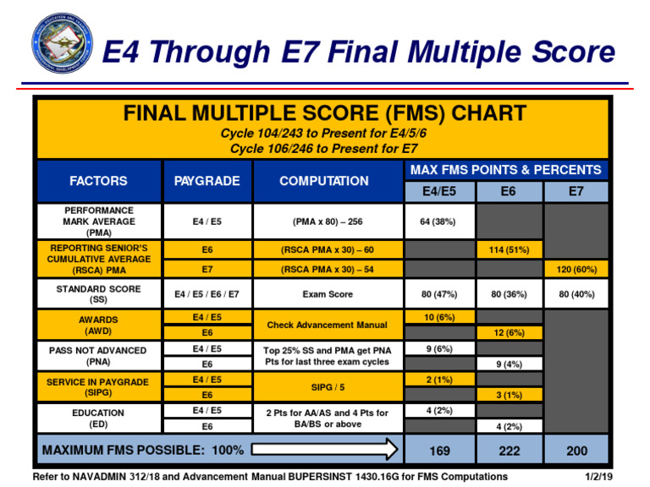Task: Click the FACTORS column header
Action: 98,181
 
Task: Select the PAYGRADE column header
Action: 207,181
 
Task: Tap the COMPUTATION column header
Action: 324,181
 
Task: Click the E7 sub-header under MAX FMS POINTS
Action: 576,192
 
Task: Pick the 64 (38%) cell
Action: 438,222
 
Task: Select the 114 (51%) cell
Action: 509,250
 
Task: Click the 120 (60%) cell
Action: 576,270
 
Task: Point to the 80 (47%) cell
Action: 438,294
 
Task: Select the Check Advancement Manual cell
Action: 326,325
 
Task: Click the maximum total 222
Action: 509,451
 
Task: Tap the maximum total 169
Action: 438,451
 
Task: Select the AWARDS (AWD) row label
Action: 98,326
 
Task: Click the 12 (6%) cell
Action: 509,333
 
